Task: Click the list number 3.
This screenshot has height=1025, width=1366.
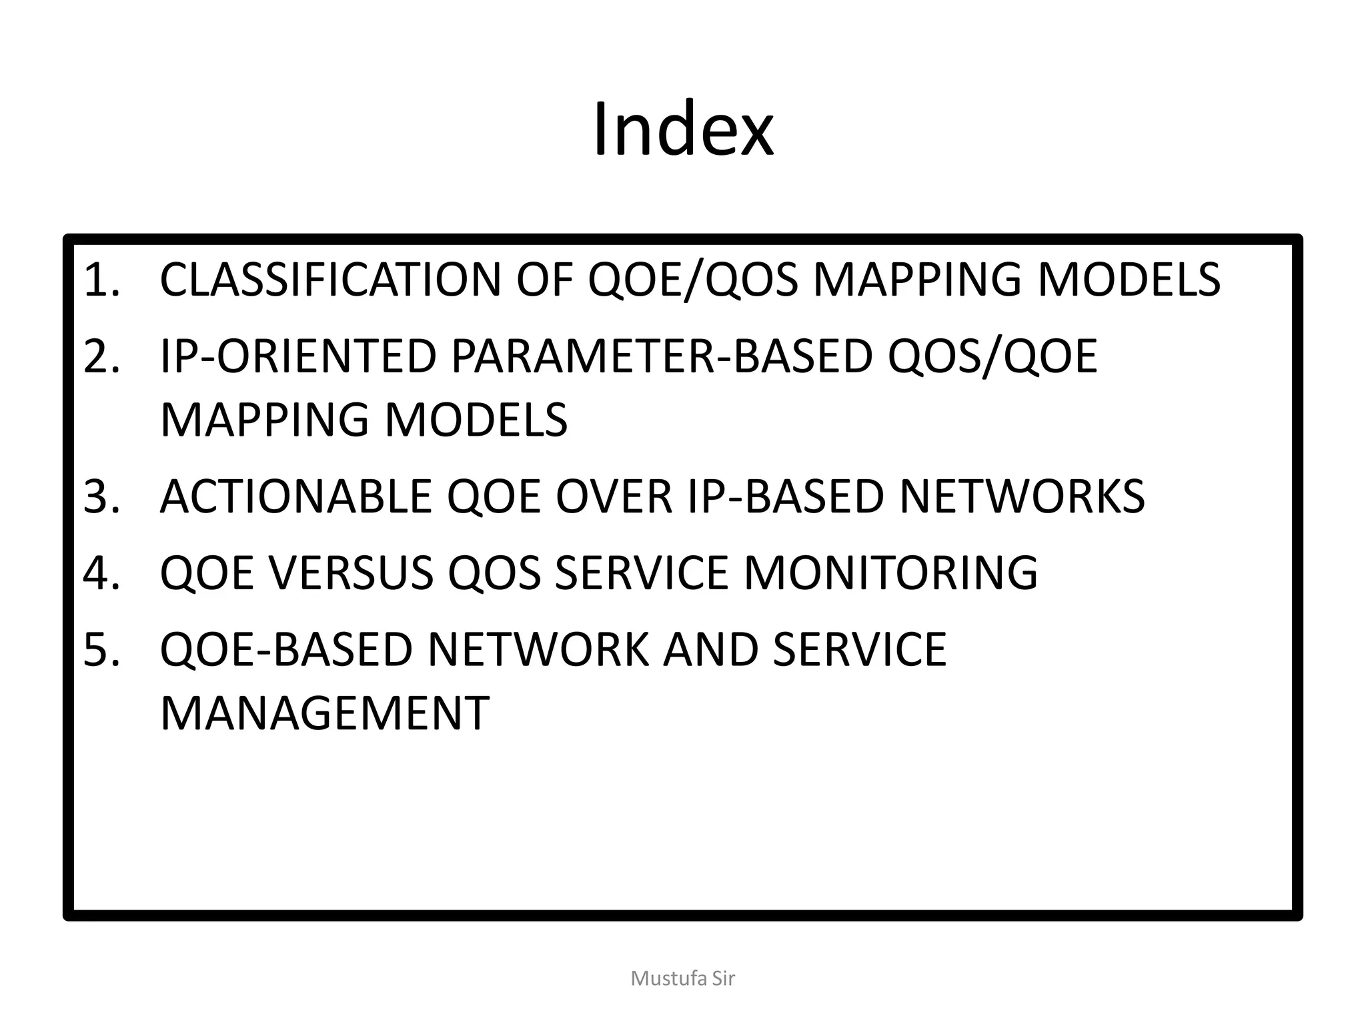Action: (x=101, y=496)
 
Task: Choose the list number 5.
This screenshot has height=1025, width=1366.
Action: (x=101, y=649)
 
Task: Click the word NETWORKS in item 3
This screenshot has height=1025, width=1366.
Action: (x=1022, y=496)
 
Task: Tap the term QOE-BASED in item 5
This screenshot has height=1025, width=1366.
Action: (x=286, y=649)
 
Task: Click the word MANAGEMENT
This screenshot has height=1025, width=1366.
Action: (x=325, y=713)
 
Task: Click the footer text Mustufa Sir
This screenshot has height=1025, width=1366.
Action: (x=683, y=978)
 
